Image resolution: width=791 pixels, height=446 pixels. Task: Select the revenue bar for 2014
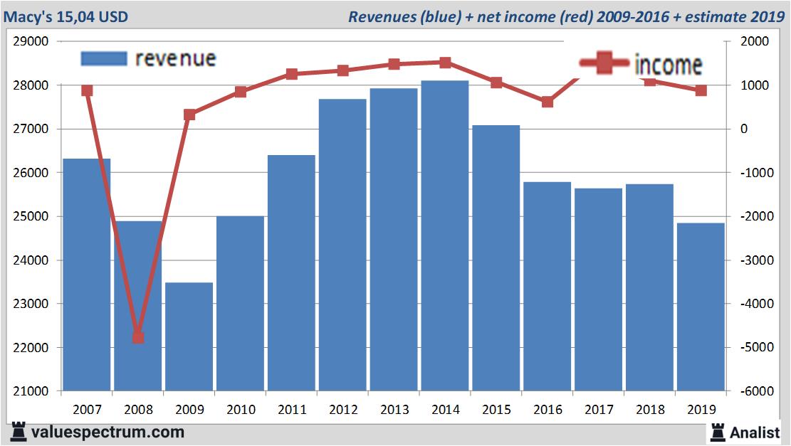(x=445, y=235)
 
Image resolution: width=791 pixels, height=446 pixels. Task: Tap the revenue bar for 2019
(x=701, y=307)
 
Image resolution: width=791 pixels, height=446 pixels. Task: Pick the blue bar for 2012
(x=342, y=245)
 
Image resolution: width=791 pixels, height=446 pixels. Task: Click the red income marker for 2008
(x=138, y=337)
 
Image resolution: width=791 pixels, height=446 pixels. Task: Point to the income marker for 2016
(x=548, y=102)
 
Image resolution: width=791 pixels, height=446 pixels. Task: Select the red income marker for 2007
(x=87, y=90)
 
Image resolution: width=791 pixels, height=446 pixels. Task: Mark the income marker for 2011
(x=291, y=74)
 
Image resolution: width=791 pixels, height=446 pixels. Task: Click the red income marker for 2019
(x=701, y=90)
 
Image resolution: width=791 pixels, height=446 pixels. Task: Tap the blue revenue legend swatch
(x=103, y=58)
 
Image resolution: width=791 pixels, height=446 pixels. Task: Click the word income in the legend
(x=668, y=65)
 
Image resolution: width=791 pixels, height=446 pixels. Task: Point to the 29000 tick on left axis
(x=31, y=41)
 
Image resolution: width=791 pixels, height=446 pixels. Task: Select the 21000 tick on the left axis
(x=31, y=391)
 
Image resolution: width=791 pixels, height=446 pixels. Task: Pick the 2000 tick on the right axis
(x=755, y=41)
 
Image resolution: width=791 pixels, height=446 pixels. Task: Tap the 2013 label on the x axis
(x=394, y=410)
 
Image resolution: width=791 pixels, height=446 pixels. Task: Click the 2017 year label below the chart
(x=599, y=410)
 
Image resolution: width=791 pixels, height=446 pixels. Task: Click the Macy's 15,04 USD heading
(x=66, y=16)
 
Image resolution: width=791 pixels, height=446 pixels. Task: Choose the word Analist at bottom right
(x=755, y=432)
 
